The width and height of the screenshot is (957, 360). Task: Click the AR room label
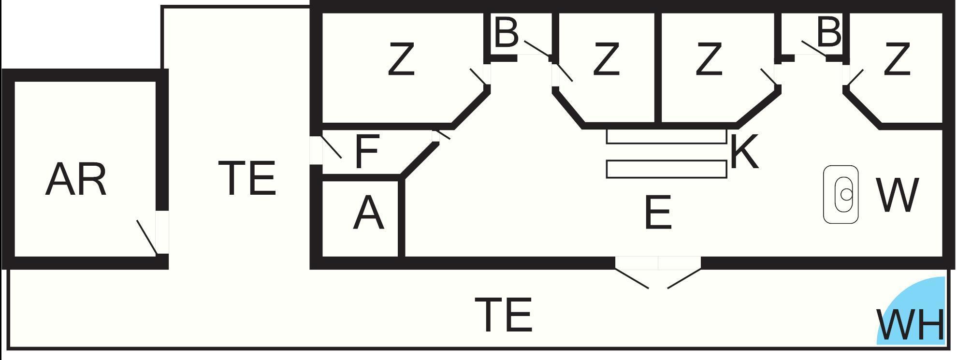[76, 179]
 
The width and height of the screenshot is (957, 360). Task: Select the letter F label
[367, 152]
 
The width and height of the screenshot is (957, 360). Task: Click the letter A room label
[368, 214]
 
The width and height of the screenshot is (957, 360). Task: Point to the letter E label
[658, 212]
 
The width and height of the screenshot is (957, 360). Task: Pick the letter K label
[744, 152]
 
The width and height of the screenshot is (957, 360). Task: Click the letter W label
[897, 195]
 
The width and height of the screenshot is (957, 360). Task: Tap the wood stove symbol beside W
[841, 195]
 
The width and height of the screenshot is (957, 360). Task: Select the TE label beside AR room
[247, 178]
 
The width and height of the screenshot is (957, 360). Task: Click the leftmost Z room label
[401, 59]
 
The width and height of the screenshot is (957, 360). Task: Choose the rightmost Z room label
[897, 59]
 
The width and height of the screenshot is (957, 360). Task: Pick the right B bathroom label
[829, 32]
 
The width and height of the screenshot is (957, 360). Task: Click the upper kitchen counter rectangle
[667, 136]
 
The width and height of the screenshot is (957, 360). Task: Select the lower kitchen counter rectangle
[667, 169]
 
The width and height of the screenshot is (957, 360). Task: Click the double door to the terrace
[658, 273]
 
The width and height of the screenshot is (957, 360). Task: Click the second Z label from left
[606, 59]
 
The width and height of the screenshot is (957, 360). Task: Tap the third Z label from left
[709, 59]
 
